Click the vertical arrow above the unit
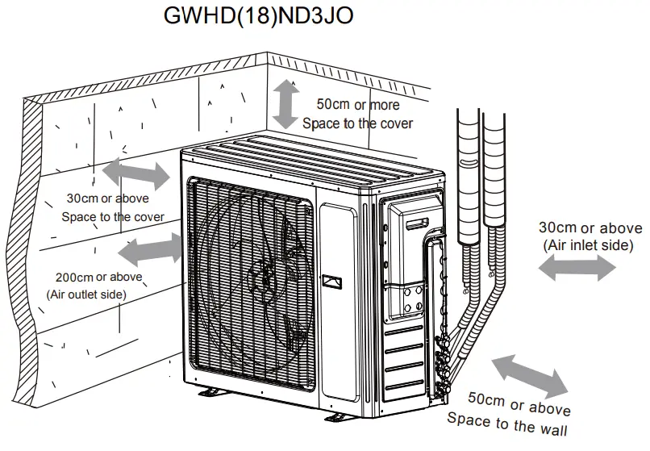coord(285,103)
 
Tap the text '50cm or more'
coord(357,105)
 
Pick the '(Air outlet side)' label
coord(86,294)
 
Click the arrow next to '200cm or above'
coord(153,249)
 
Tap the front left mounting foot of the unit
coord(211,393)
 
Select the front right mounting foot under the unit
coord(342,418)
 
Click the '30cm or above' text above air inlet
coord(590,228)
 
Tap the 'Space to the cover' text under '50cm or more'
coord(357,123)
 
